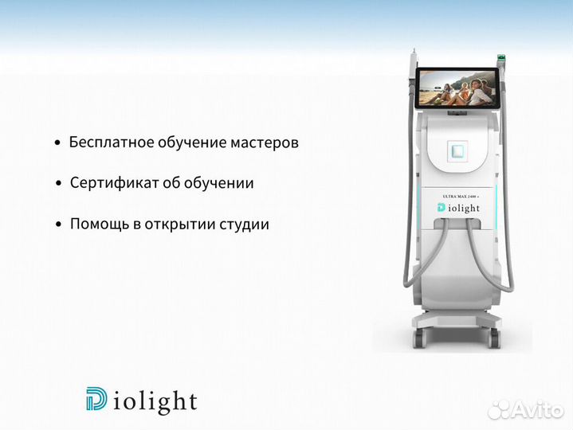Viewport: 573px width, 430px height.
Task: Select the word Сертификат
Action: (x=110, y=183)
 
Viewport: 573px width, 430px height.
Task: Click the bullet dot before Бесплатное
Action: (x=57, y=143)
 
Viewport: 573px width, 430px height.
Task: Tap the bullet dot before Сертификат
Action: (x=58, y=184)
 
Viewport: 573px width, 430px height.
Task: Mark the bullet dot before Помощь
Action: (x=58, y=225)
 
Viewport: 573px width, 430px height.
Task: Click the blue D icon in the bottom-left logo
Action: (x=96, y=400)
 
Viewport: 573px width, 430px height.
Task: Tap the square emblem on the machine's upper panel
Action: (x=457, y=150)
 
